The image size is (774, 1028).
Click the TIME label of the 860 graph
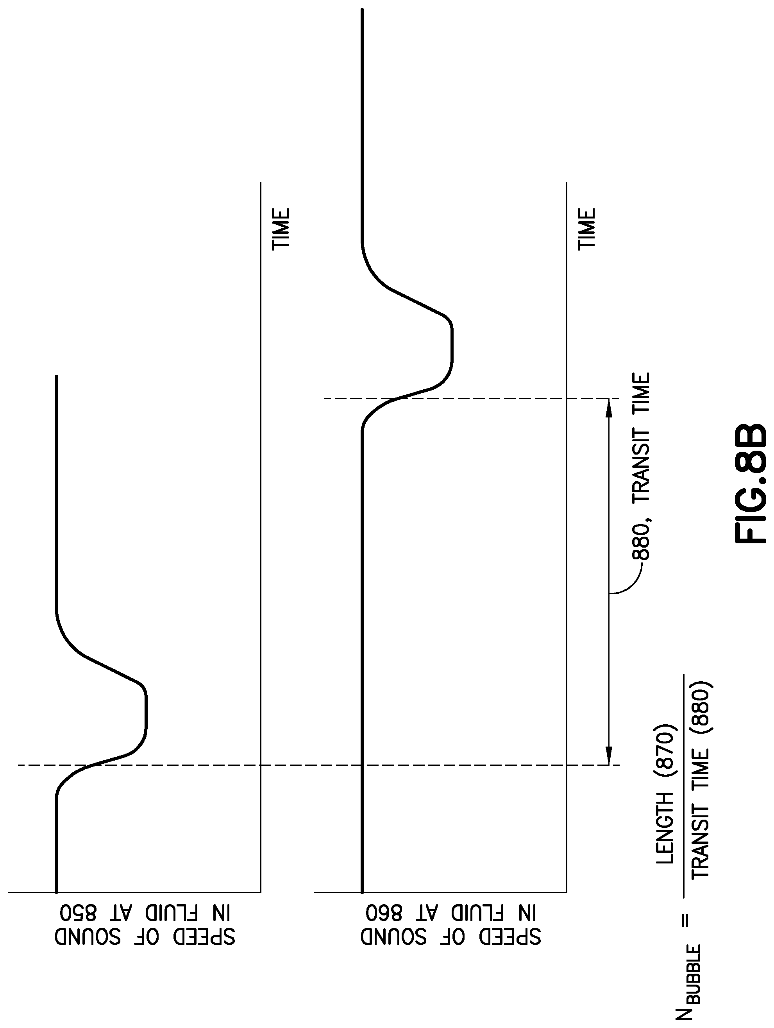586,229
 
